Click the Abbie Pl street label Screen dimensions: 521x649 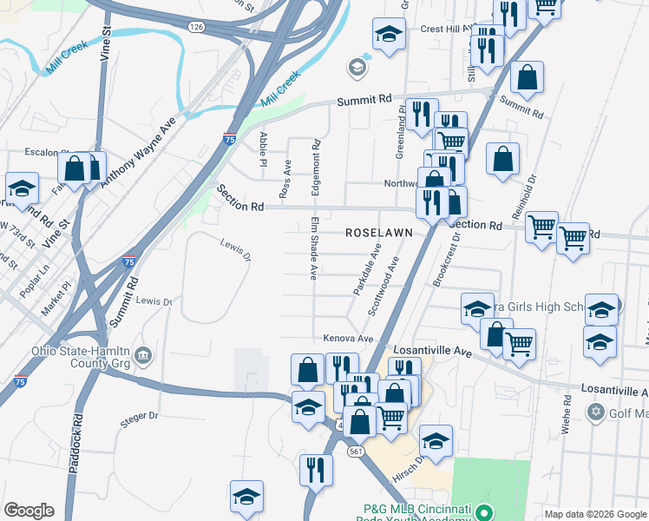[262, 148]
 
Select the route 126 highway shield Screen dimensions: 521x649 [197, 28]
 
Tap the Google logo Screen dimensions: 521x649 [29, 511]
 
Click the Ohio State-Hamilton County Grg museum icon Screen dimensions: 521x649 [143, 355]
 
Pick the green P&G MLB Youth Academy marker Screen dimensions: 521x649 [486, 511]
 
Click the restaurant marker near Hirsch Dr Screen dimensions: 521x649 [315, 470]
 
